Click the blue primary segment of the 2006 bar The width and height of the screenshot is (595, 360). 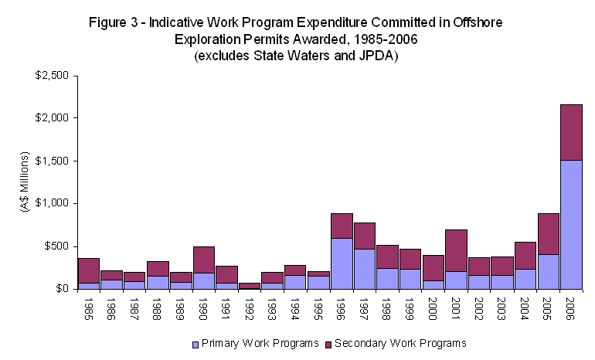click(571, 224)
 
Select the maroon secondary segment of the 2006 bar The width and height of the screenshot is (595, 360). click(571, 132)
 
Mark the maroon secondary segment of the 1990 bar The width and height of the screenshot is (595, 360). click(203, 259)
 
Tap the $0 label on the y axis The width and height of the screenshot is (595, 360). click(61, 289)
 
